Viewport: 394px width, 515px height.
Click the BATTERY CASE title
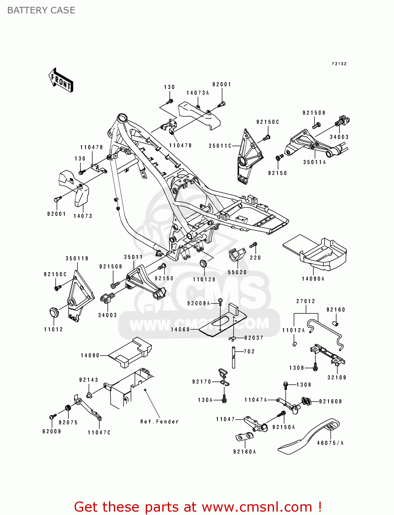click(x=41, y=10)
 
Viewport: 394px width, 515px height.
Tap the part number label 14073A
click(x=198, y=93)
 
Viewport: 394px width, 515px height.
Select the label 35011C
click(x=220, y=146)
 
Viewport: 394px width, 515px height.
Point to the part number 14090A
click(x=313, y=279)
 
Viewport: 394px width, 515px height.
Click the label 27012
click(x=306, y=301)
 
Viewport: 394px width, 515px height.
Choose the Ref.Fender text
click(x=160, y=422)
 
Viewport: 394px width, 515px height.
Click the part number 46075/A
click(x=330, y=443)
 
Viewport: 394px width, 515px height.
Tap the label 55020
click(x=237, y=272)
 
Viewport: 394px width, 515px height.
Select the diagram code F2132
click(x=339, y=64)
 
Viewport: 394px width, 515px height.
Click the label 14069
click(x=180, y=329)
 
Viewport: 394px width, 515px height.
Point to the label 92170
click(x=202, y=381)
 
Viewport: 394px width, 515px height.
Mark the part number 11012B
click(x=204, y=279)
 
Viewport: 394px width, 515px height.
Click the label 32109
click(x=337, y=377)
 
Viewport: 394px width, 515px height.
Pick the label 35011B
click(x=77, y=259)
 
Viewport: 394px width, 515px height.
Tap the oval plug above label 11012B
click(x=204, y=264)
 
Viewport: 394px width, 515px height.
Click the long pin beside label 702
click(x=233, y=357)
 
